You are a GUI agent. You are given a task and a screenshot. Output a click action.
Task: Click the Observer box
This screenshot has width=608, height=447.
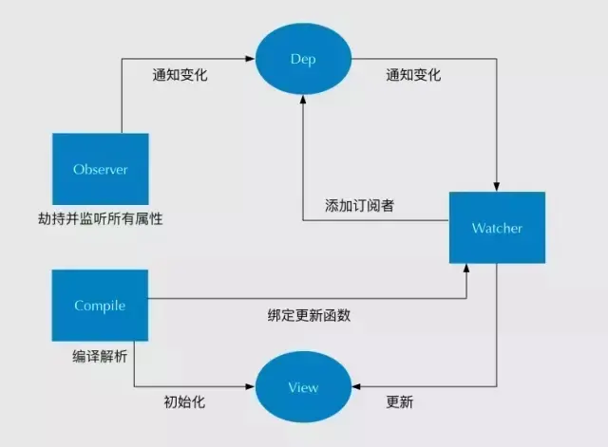coord(101,170)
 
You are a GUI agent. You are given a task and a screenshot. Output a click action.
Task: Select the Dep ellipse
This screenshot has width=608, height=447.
coord(302,59)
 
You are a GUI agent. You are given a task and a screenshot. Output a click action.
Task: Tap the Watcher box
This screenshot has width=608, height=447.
coord(497,229)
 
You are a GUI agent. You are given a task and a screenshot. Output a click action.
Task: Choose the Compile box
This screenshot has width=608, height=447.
coord(101,306)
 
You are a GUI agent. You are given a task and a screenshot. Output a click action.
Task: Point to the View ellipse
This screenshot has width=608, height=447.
coord(302,387)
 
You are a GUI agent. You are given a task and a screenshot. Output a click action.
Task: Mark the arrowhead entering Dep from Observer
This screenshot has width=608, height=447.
coord(254,59)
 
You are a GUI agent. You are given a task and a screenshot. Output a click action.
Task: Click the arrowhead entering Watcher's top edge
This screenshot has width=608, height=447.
coord(497,186)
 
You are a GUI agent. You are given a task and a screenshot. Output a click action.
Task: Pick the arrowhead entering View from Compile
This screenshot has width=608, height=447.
coord(254,387)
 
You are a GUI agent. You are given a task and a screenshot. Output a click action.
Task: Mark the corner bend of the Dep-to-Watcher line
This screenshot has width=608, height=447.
coord(497,59)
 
